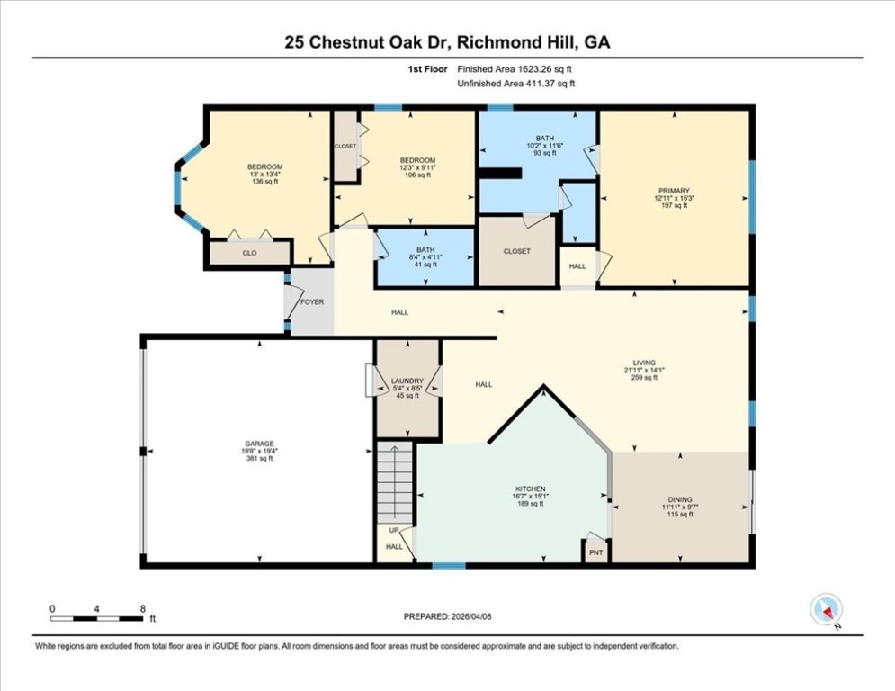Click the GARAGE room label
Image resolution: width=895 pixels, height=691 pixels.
(x=259, y=444)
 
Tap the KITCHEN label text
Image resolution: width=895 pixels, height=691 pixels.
(x=531, y=489)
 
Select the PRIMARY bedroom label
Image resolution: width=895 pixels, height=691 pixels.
(x=674, y=191)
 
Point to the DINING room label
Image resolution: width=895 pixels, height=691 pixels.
(x=680, y=499)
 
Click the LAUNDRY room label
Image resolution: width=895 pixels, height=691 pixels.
(x=407, y=381)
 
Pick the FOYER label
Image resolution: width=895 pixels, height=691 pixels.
(x=311, y=302)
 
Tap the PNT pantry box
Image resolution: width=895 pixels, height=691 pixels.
(x=595, y=552)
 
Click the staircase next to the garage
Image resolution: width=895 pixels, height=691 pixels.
(x=394, y=482)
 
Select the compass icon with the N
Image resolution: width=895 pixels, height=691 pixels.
(x=826, y=609)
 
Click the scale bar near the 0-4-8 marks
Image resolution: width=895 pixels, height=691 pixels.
(x=96, y=618)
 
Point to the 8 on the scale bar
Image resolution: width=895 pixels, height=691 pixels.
(x=143, y=609)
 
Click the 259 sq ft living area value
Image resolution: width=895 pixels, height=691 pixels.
(x=644, y=377)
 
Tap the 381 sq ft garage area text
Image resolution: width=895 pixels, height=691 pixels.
(x=259, y=458)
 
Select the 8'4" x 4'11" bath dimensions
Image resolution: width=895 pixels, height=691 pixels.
(x=425, y=257)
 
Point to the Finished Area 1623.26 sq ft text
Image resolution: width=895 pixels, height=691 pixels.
(x=515, y=69)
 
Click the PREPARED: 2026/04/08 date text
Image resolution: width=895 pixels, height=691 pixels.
(x=448, y=616)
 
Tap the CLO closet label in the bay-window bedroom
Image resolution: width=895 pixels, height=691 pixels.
(x=249, y=253)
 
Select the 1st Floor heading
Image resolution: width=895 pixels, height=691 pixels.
(x=427, y=69)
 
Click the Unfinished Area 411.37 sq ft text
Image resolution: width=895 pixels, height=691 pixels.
(x=516, y=84)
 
